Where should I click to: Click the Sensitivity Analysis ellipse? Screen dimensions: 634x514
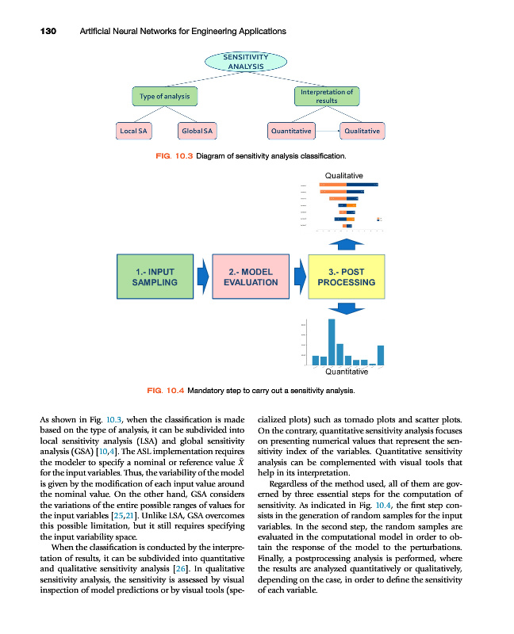tap(246, 61)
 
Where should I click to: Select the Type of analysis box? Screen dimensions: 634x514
tap(165, 96)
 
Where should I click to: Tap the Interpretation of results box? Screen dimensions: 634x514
tap(326, 96)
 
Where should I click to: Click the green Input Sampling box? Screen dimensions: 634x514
tap(155, 277)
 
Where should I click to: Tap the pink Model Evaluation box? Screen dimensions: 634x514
tap(251, 277)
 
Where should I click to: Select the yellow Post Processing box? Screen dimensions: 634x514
tap(346, 277)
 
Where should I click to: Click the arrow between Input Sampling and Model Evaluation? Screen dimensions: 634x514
tap(202, 277)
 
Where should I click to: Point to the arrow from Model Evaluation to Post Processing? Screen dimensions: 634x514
tap(299, 277)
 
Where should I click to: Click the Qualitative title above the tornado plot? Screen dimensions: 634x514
tap(344, 175)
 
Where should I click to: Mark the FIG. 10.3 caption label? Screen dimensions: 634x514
tap(173, 155)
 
